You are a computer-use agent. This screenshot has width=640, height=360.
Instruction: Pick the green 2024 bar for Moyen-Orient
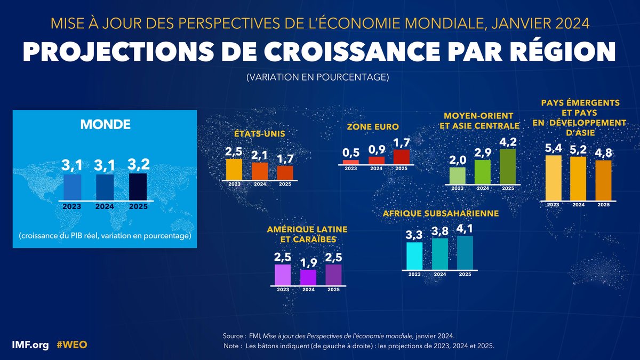482,172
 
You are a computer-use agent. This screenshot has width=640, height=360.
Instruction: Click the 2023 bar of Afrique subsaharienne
414,256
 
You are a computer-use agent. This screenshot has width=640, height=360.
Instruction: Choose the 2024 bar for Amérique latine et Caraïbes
308,277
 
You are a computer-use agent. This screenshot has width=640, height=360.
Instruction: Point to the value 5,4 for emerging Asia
553,146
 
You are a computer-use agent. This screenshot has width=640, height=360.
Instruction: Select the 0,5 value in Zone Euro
350,153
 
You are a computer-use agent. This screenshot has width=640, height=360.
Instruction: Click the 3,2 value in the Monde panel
138,164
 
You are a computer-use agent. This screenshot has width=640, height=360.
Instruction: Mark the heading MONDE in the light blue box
106,124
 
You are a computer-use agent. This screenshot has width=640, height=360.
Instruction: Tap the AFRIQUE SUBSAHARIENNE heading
441,213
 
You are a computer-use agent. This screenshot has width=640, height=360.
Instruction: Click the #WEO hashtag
71,345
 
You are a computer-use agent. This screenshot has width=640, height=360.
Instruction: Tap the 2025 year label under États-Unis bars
284,185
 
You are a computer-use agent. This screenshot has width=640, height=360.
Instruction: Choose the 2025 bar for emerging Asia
603,180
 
